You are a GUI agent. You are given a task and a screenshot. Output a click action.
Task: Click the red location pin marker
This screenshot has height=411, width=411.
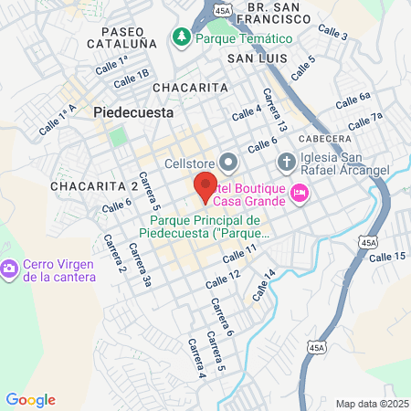205,186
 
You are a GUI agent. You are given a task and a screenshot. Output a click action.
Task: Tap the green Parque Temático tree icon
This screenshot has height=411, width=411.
180,38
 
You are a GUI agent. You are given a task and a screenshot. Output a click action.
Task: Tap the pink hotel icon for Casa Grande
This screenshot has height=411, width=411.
300,194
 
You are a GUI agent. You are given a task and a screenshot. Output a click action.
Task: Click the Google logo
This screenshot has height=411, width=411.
30,399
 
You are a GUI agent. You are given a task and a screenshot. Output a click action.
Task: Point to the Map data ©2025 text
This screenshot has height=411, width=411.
371,404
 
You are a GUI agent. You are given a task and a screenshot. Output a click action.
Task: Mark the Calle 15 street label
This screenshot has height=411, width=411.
387,258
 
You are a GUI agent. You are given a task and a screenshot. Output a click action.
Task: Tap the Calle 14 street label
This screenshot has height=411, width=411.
261,285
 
